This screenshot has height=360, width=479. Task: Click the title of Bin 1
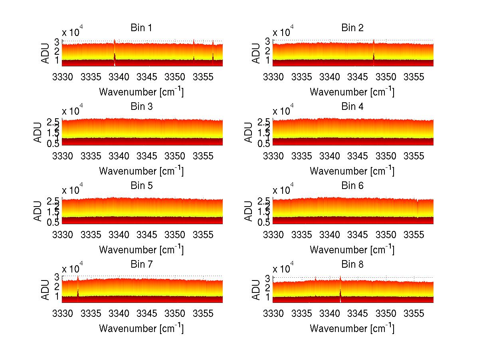(141, 28)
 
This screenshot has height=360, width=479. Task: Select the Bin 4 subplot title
(352, 106)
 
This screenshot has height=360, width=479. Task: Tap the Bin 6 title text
(352, 185)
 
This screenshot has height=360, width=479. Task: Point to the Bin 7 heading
(141, 264)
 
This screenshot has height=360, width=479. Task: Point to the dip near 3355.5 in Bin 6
(418, 208)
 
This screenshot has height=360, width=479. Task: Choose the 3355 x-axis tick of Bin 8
(414, 313)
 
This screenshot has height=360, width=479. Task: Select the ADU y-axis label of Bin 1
(46, 53)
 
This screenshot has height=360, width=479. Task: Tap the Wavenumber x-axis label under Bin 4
(352, 171)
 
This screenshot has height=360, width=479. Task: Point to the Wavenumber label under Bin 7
(141, 328)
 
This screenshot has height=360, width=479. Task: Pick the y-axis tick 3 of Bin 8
(267, 277)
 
